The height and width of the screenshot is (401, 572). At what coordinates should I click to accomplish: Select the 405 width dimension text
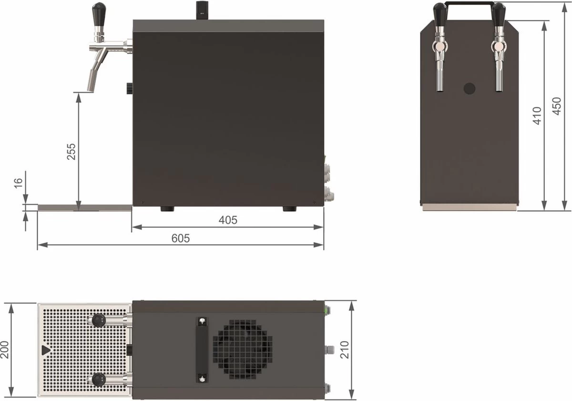pyautogui.click(x=228, y=220)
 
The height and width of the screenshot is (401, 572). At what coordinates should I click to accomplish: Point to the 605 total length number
pyautogui.click(x=181, y=238)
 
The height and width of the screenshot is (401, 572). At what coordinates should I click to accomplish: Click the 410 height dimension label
pyautogui.click(x=537, y=115)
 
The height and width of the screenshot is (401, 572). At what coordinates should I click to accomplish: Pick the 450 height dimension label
pyautogui.click(x=557, y=106)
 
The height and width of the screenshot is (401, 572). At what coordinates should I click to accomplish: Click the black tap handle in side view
pyautogui.click(x=99, y=10)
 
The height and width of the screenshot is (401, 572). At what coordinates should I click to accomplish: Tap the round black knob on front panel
pyautogui.click(x=470, y=88)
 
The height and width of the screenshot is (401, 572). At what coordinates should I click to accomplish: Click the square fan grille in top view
pyautogui.click(x=243, y=350)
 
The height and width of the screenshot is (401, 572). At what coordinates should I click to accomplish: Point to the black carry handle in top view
pyautogui.click(x=202, y=350)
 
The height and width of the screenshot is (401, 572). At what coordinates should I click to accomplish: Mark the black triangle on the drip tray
pyautogui.click(x=45, y=350)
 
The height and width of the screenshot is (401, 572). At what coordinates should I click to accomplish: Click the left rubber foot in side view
pyautogui.click(x=167, y=209)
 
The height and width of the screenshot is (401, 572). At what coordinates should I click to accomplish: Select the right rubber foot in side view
pyautogui.click(x=289, y=209)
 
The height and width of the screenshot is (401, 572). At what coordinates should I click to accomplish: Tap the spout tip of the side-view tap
pyautogui.click(x=91, y=85)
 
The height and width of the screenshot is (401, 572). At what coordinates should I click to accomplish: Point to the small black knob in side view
pyautogui.click(x=129, y=88)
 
